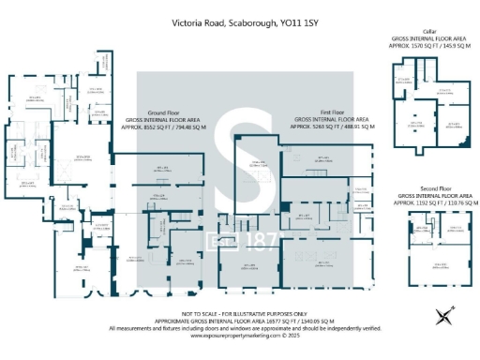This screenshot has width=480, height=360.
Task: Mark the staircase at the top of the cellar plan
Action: click(424, 70)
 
